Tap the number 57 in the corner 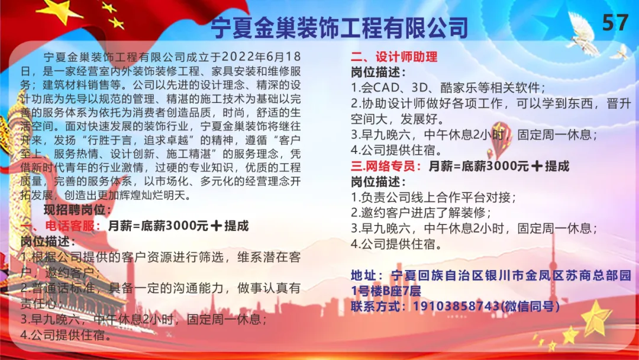(615, 22)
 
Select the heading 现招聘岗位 (78, 210)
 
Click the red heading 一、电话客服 (60, 226)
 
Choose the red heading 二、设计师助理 (394, 57)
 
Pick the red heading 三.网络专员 (386, 166)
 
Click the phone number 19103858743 (456, 306)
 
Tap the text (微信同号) (530, 306)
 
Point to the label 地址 (367, 275)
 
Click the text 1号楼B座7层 (386, 291)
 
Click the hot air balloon (499, 139)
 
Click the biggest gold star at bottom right (596, 317)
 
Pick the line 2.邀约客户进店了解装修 (421, 213)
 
